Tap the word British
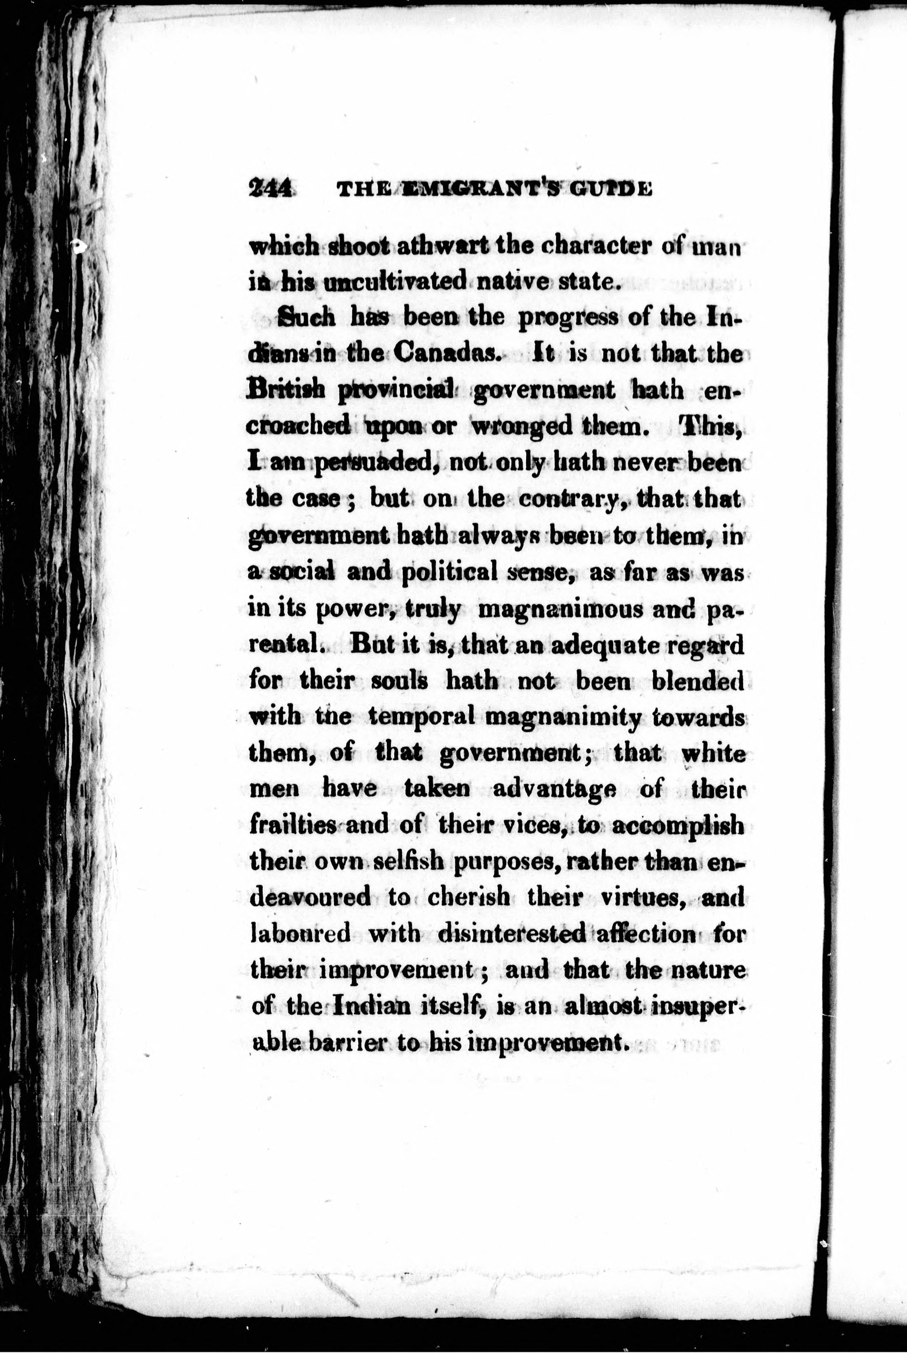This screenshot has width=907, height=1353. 284,389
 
